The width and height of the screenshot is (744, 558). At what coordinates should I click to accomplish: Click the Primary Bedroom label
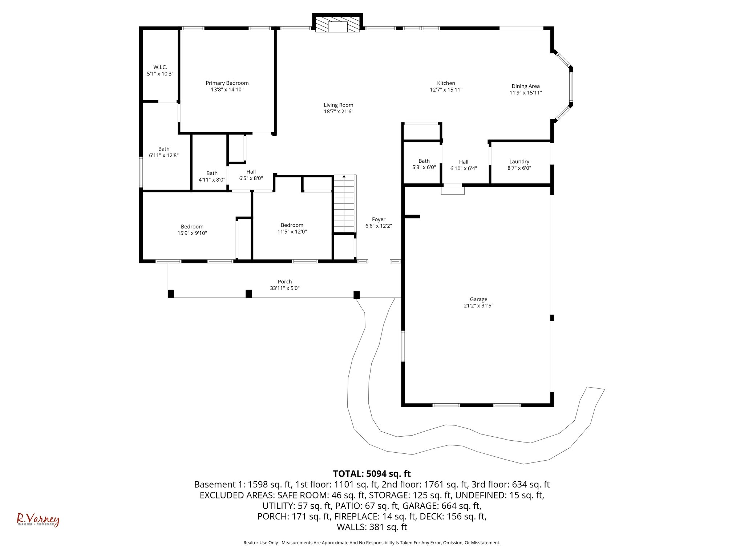[x=227, y=83]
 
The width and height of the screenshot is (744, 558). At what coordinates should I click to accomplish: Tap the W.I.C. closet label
[x=160, y=67]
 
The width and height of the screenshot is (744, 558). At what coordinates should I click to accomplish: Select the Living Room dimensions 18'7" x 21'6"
[x=338, y=112]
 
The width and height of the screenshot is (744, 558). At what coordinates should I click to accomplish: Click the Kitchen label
[x=446, y=83]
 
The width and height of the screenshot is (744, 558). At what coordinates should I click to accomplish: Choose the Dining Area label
[x=525, y=86]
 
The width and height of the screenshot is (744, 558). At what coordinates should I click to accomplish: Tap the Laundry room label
[x=519, y=162]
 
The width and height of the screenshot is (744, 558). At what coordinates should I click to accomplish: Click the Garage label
[x=478, y=299]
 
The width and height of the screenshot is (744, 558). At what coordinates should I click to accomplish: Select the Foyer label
[x=379, y=219]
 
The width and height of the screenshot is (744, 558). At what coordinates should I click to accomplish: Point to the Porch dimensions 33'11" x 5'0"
[x=285, y=288]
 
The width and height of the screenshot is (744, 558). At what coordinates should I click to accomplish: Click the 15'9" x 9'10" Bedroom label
[x=192, y=227]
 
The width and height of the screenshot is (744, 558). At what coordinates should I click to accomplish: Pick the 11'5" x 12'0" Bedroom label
[x=292, y=225]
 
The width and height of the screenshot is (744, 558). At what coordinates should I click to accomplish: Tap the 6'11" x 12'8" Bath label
[x=164, y=149]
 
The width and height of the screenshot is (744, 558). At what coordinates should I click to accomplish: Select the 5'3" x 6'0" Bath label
[x=424, y=161]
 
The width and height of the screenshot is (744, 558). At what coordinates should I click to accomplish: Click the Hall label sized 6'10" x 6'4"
[x=463, y=162]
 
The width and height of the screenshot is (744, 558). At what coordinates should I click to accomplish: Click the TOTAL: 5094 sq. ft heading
[x=372, y=474]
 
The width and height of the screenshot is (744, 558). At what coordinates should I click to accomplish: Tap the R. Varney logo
[x=38, y=520]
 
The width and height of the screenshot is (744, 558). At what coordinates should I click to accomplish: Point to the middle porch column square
[x=248, y=294]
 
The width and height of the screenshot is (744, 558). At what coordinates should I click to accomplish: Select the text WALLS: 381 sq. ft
[x=372, y=527]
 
